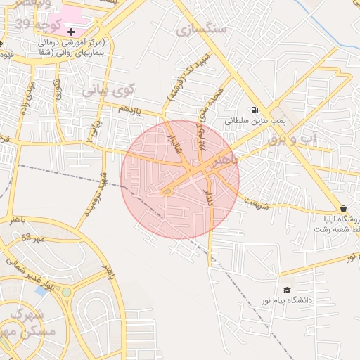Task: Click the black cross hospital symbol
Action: point(71,32)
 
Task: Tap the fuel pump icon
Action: point(254,109)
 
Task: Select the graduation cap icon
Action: point(286,290)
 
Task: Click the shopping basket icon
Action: point(342,208)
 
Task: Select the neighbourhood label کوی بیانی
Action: point(107,90)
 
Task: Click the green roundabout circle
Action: point(66,292)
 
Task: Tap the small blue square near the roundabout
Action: point(41,290)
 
